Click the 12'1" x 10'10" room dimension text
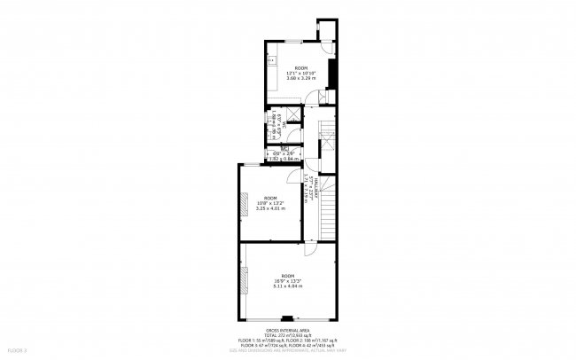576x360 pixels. pos(301,73)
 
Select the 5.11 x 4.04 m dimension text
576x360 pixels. pos(288,286)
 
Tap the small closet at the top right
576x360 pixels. pos(328,30)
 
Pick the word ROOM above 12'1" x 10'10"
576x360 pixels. pos(301,67)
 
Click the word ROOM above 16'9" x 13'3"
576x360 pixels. pos(288,276)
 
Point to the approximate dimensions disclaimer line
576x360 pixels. pos(288,349)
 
